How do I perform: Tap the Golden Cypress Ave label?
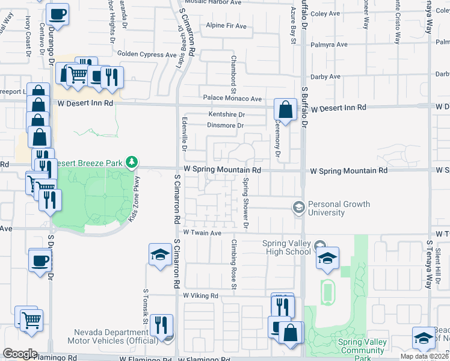pos(150,54)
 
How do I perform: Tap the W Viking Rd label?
pos(200,296)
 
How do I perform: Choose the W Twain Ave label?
pos(202,232)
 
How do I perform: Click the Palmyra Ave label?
pos(329,45)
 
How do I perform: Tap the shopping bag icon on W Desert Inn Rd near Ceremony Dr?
pos(285,110)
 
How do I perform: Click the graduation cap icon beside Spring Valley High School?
pos(327,258)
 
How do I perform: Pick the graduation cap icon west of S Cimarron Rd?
pos(161,255)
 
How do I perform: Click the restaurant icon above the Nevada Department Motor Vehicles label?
pos(161,326)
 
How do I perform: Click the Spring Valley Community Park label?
pos(362,347)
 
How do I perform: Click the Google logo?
pos(20,353)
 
